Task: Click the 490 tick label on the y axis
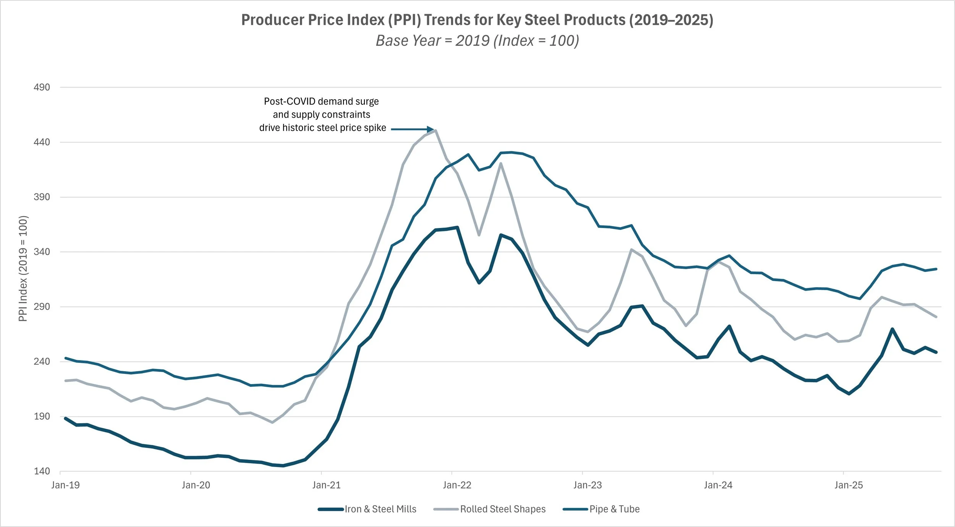coord(42,87)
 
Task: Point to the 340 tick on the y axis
coord(42,252)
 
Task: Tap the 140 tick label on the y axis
coord(42,471)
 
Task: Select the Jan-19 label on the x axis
coord(65,485)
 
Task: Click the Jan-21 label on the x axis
coord(326,485)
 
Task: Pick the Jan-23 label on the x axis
coord(588,485)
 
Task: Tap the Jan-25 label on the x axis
coord(848,485)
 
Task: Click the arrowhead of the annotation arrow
coord(431,129)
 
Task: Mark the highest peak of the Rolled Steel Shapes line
coord(435,131)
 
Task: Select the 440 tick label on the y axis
coord(42,142)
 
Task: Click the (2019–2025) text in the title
coord(671,20)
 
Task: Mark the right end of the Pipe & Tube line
coord(936,269)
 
